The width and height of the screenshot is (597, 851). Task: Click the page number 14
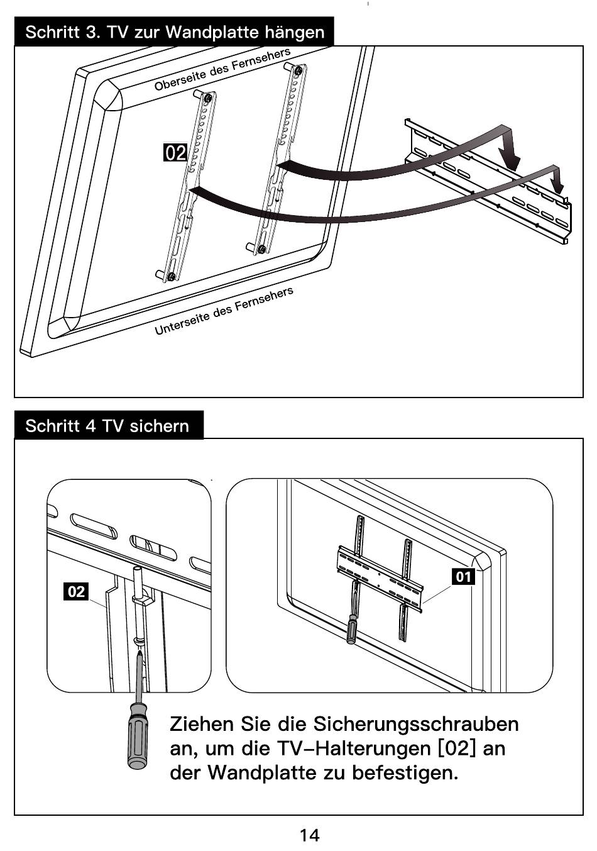310,835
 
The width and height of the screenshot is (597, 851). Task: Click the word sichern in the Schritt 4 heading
160,426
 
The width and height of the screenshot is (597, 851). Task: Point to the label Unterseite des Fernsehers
224,310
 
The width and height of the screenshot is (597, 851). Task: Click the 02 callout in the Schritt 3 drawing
175,153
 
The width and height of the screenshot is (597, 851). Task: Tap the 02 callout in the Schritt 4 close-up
76,591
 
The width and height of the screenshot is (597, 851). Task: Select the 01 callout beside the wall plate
463,577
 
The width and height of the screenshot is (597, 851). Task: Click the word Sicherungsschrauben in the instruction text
415,725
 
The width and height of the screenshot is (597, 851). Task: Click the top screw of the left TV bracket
209,98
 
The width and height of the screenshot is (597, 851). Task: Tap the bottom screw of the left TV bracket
171,276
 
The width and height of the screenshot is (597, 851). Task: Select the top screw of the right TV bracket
298,70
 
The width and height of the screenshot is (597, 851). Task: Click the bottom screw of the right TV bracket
261,249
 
